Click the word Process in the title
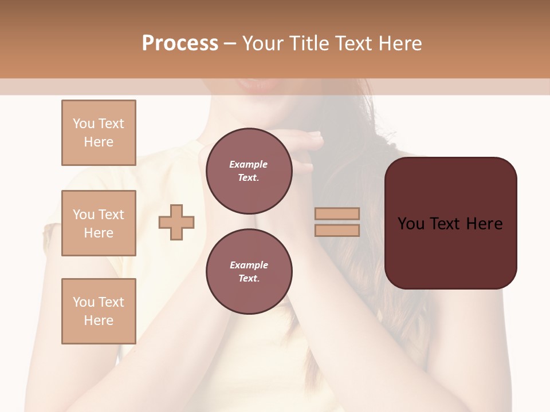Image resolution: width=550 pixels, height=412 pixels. click(180, 43)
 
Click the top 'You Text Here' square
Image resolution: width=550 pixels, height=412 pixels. click(99, 133)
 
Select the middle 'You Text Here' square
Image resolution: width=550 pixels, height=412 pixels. click(99, 223)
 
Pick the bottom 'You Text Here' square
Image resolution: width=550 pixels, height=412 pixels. click(99, 311)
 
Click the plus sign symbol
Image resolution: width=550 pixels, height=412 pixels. click(176, 222)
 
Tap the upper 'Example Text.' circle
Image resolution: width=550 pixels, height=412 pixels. click(249, 171)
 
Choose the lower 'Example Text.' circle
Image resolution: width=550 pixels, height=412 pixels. click(249, 272)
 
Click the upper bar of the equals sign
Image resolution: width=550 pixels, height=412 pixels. click(337, 213)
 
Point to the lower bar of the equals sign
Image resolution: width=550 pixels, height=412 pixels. click(337, 230)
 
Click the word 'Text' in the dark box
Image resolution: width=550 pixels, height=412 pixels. click(446, 224)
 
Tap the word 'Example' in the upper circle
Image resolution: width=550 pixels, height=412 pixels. click(249, 164)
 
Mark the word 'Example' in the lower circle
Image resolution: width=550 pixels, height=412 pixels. click(249, 265)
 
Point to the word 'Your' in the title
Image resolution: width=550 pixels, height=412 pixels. click(261, 43)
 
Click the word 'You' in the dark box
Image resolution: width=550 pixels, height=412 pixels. click(411, 224)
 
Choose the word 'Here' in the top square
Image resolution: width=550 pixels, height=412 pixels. click(99, 142)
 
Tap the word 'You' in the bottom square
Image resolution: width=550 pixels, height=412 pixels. click(84, 302)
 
